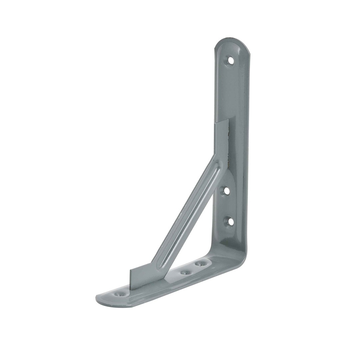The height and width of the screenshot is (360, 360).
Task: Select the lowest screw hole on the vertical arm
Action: click(228, 221)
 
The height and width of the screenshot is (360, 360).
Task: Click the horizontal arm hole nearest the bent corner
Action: click(200, 264)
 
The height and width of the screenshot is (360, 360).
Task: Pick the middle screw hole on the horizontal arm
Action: click(185, 273)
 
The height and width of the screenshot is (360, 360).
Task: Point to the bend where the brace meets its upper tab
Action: click(215, 157)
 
